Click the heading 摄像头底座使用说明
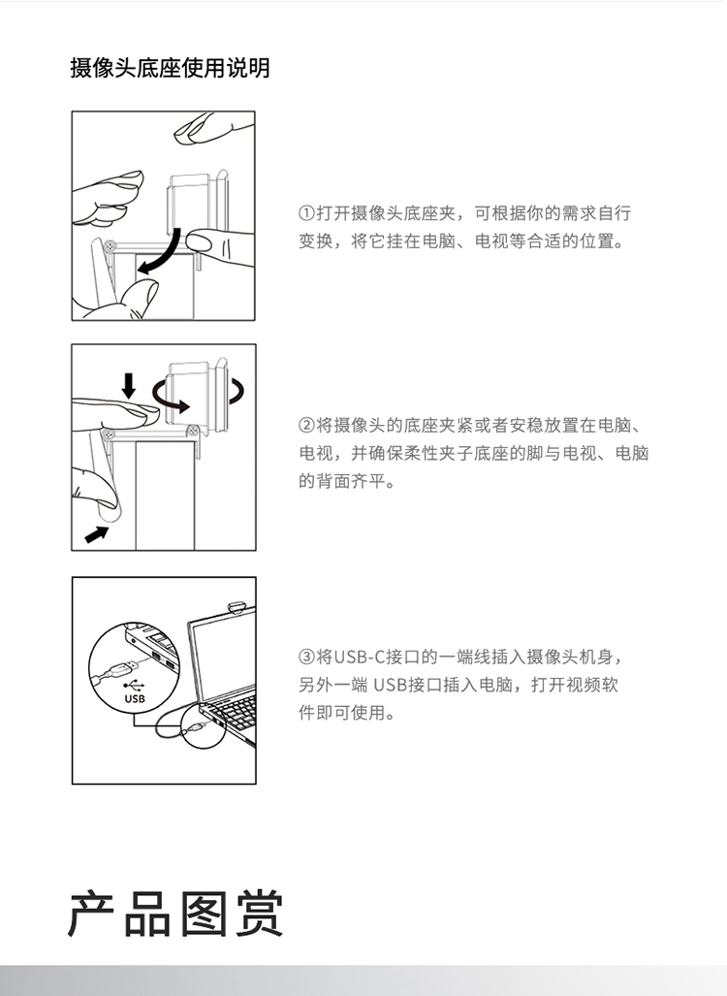[x=171, y=67]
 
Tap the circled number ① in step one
[x=306, y=213]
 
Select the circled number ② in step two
[x=306, y=425]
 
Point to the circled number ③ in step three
[x=306, y=657]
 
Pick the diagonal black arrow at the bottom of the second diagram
[x=97, y=534]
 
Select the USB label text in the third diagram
[x=135, y=698]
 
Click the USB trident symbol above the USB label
[x=134, y=686]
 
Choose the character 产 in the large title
[x=91, y=915]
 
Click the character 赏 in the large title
[x=260, y=915]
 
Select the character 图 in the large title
[x=204, y=915]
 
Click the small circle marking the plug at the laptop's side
[x=202, y=726]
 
